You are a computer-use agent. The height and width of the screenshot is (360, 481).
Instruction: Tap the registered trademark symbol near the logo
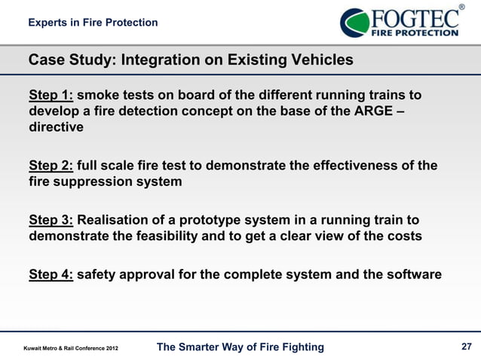pos(461,7)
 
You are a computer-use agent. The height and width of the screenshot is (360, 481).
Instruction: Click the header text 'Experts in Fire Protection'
pos(93,23)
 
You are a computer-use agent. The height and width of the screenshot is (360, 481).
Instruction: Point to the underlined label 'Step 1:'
pos(51,96)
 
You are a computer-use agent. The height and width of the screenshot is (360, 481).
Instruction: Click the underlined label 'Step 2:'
pos(51,166)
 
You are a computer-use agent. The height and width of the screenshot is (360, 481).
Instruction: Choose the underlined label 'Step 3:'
pos(51,220)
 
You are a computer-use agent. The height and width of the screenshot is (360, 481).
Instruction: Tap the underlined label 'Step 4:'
pos(51,274)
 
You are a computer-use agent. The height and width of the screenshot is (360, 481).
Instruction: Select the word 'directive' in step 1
pos(56,128)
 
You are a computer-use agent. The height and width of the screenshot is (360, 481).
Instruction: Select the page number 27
pos(465,346)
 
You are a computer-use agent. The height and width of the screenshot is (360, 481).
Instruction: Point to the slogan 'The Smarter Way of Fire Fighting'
pos(240,346)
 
